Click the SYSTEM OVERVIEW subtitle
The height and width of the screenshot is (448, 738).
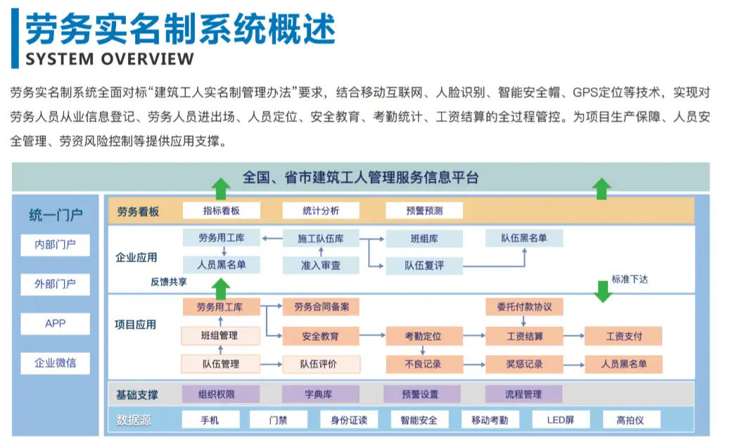109,58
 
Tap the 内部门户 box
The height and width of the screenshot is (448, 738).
56,245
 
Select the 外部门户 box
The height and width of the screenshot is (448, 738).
56,285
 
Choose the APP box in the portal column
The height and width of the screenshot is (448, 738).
56,323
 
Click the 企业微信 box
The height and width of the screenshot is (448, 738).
56,363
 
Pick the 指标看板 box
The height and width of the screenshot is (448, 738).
221,210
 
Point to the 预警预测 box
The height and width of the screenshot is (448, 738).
424,210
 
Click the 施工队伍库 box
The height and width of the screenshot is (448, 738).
321,239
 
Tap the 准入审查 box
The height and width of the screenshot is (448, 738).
321,265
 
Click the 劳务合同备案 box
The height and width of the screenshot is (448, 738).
321,307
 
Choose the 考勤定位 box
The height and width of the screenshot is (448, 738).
423,336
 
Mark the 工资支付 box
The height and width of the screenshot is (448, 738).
624,336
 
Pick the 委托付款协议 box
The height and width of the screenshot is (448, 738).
524,307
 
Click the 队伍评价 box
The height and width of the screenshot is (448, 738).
321,364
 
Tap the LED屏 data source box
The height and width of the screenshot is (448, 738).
561,420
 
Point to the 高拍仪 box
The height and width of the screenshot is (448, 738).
630,420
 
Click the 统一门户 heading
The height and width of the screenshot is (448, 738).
56,215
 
